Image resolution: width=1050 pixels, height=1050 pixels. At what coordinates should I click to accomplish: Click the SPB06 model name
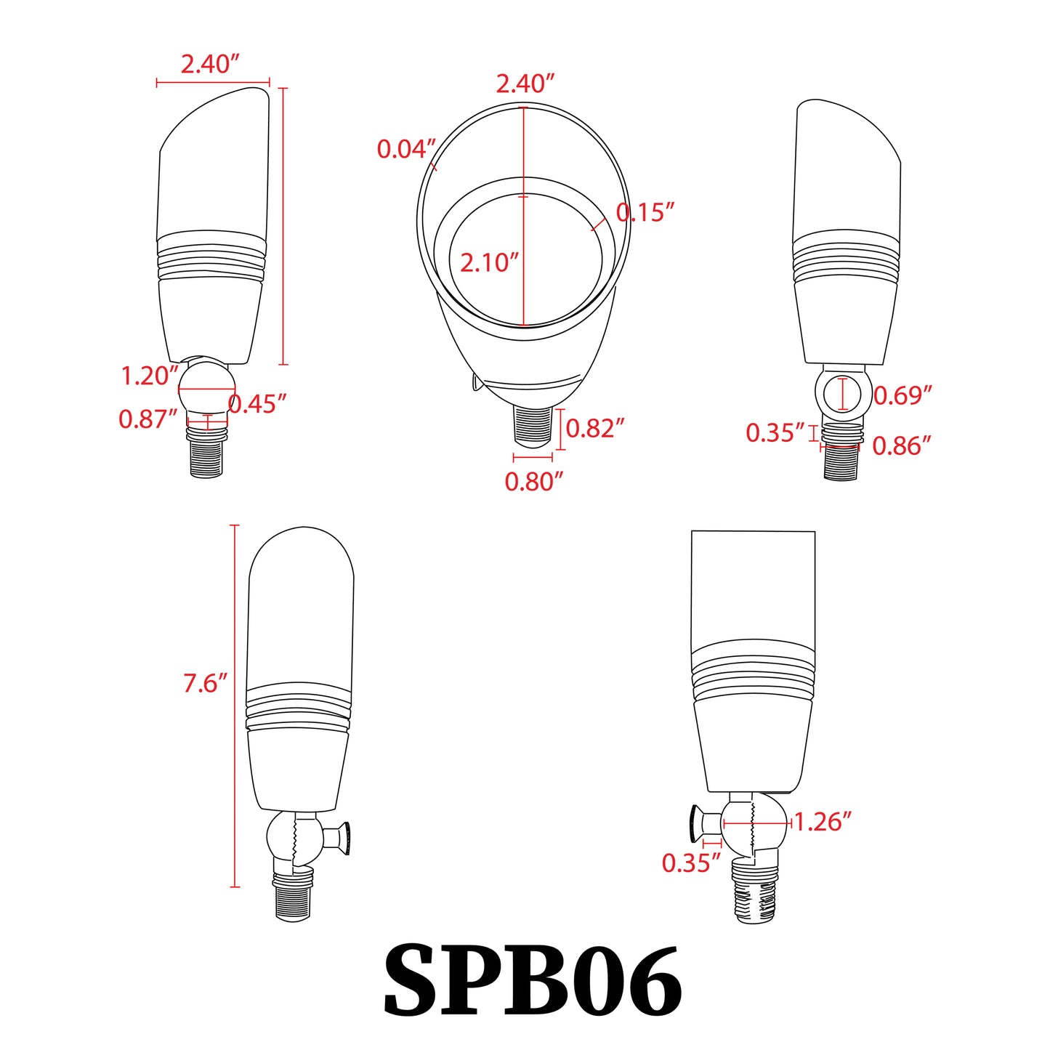point(532,980)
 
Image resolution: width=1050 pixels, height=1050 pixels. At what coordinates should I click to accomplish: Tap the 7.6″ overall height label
point(204,684)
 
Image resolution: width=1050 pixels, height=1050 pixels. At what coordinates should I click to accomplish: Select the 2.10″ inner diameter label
point(489,262)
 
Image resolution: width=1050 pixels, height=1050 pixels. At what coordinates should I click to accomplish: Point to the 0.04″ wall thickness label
point(405,150)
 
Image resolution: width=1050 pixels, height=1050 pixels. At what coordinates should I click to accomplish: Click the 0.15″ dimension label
point(645,213)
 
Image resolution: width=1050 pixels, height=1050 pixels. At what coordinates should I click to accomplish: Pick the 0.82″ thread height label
point(594,429)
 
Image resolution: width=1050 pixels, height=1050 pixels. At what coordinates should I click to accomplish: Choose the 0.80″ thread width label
point(533,481)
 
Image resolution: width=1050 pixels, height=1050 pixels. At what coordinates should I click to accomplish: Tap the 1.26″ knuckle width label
point(822,823)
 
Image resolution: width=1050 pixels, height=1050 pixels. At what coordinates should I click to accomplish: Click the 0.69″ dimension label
point(902,396)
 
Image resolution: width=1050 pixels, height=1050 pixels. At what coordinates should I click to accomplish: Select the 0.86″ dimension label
point(901,446)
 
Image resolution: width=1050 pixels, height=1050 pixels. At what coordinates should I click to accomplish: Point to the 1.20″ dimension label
point(149,376)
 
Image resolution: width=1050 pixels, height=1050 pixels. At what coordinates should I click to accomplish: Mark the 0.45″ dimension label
point(258,404)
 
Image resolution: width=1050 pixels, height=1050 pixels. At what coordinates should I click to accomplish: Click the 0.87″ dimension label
point(148,419)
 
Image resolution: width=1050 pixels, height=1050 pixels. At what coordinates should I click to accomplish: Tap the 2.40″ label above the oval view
point(525,84)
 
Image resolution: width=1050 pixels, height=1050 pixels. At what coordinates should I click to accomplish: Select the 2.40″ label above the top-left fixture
point(209,65)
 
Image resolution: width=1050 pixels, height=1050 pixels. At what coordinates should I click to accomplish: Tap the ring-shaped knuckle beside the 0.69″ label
point(842,394)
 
